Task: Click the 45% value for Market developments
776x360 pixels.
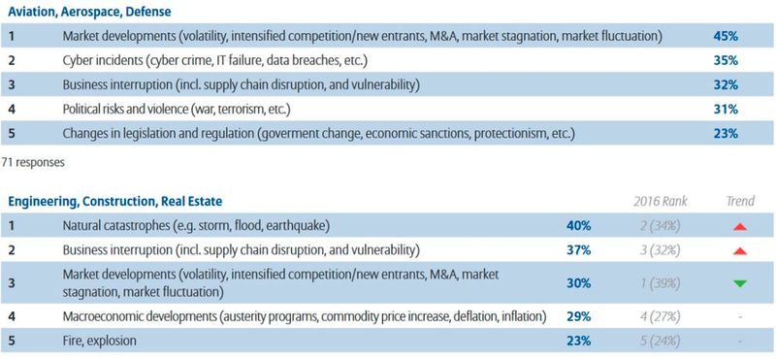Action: [725, 36]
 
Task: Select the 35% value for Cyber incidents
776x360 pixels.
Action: [725, 60]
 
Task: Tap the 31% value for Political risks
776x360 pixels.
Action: [725, 109]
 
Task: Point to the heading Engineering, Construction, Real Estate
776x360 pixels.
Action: [115, 201]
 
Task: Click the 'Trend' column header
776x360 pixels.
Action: [739, 201]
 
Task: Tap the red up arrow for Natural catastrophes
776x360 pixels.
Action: [740, 226]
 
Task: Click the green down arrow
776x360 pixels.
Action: [740, 283]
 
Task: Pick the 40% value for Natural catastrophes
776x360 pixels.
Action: [579, 226]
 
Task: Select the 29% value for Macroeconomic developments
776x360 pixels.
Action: [579, 316]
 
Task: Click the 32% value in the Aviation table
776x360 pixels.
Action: [725, 84]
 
